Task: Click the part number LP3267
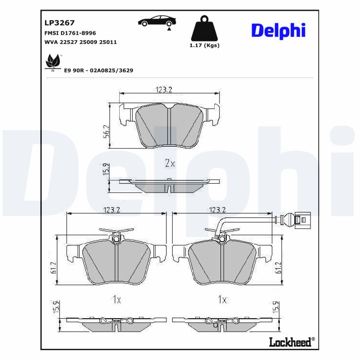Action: [59, 22]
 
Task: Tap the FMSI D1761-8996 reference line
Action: [70, 33]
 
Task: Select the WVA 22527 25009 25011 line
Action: [81, 42]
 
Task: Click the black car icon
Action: [157, 21]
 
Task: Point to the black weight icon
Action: [204, 28]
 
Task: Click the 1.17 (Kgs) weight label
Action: [204, 45]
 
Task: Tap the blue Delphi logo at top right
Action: [278, 30]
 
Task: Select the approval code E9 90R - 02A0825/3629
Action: [99, 71]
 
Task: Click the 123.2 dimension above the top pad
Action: [164, 90]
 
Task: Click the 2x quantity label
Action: [170, 163]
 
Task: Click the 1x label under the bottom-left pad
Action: [116, 299]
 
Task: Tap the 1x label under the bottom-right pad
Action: [222, 299]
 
